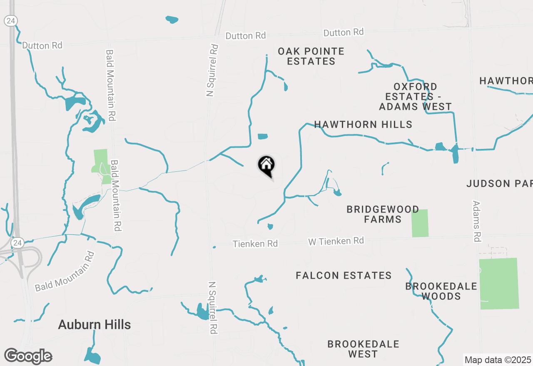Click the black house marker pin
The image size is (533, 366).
point(266,166)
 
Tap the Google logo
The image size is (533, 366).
point(28,356)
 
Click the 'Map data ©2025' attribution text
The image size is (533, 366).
point(498,360)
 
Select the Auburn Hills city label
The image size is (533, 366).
point(95,324)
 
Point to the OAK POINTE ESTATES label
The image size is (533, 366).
point(311,56)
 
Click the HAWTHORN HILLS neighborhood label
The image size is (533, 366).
point(363,124)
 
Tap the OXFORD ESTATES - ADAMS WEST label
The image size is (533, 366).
point(415,96)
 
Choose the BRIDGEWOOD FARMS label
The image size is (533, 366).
point(382,214)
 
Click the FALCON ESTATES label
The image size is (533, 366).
point(344,275)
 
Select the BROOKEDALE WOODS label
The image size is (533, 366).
point(441,291)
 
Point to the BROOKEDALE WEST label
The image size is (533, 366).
point(363,349)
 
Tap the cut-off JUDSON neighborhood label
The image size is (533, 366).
point(500,183)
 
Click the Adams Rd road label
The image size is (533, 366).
point(477,221)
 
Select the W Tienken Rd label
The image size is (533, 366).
point(336,241)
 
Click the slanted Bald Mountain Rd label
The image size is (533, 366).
point(64,272)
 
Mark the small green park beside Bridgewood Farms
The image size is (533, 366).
point(420,223)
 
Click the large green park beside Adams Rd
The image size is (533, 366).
point(499,283)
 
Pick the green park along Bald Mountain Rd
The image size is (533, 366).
point(101,166)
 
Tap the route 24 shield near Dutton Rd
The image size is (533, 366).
point(10,20)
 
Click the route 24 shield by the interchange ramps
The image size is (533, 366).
point(17,242)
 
